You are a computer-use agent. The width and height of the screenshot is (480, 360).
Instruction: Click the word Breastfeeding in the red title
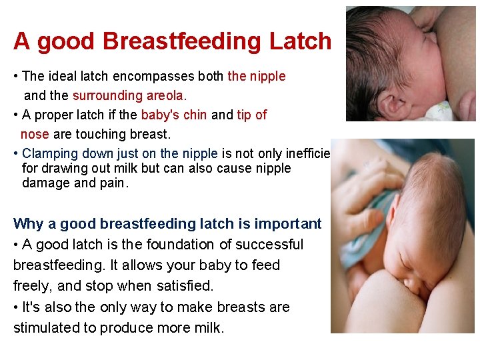tap(183, 41)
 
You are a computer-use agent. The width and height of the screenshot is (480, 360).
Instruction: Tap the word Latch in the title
tap(300, 41)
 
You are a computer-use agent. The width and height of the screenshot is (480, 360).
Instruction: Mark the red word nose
tap(35, 134)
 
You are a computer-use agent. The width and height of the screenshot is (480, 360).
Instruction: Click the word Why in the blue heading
tap(27, 224)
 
